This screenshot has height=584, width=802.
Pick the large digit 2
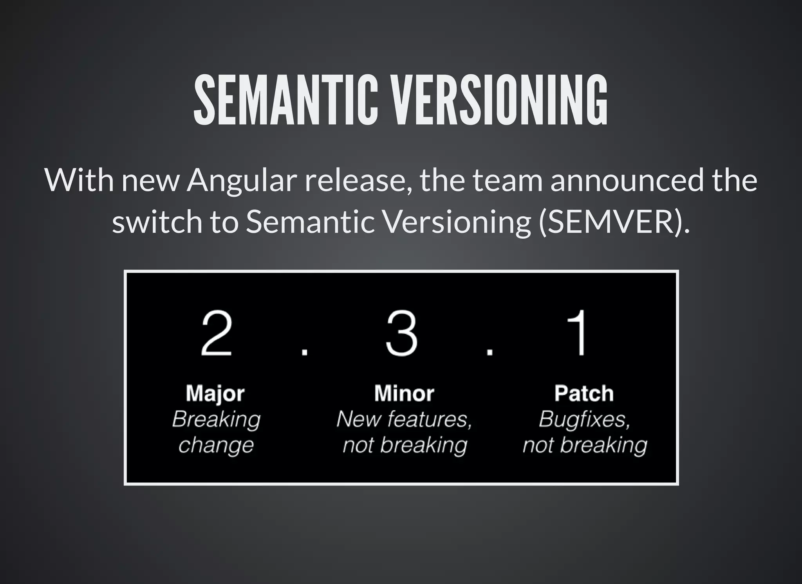(x=217, y=333)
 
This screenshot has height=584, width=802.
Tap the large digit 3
(x=402, y=333)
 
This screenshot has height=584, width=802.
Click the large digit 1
(x=579, y=333)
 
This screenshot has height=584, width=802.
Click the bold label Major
(x=215, y=394)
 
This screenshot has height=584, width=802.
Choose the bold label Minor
(x=404, y=394)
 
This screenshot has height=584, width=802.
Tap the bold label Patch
(x=584, y=394)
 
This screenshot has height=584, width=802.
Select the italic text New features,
(x=404, y=419)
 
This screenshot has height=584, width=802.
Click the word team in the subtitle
(x=508, y=181)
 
